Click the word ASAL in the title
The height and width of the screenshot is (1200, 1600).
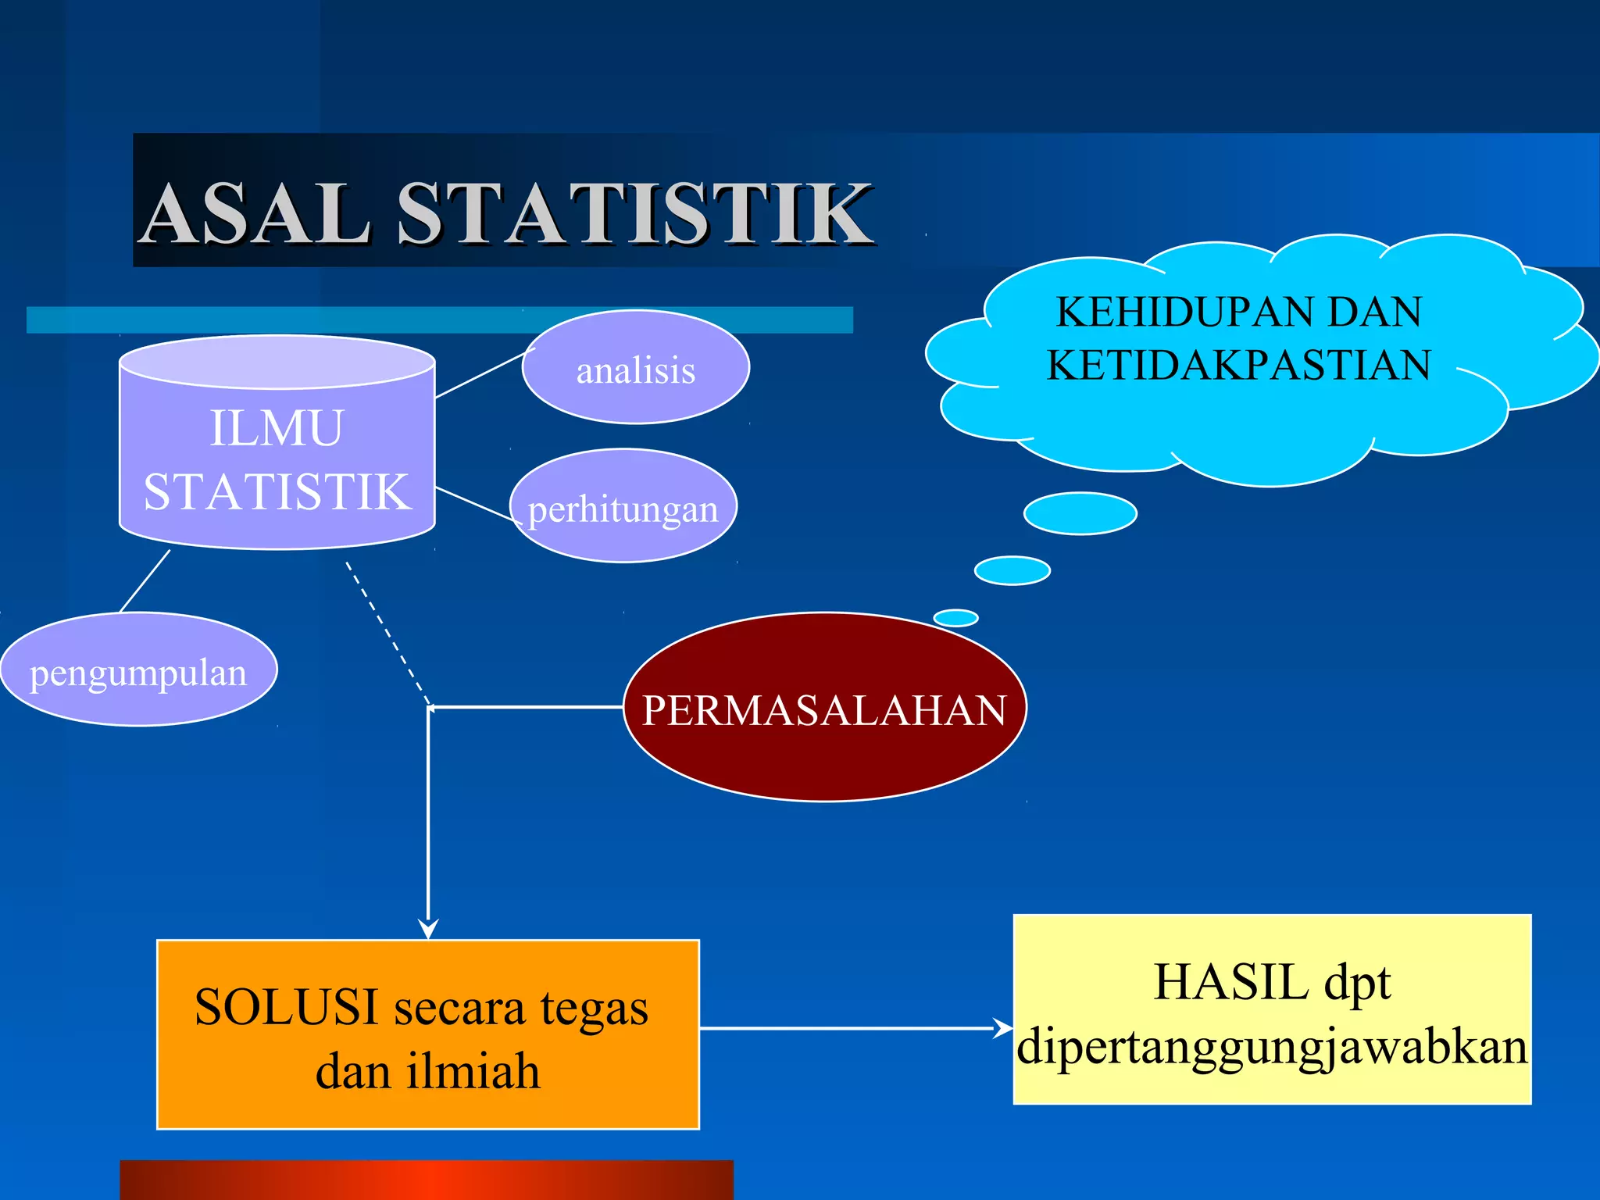click(x=256, y=212)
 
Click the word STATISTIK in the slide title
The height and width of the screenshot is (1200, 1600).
click(x=634, y=212)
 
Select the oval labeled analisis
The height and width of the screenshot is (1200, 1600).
click(x=635, y=368)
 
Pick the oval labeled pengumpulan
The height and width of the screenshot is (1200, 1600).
click(x=138, y=670)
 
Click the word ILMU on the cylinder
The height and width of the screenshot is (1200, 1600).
click(x=276, y=428)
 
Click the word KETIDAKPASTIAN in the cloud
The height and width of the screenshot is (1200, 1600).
click(x=1238, y=365)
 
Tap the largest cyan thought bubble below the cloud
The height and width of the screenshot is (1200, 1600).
click(x=1080, y=513)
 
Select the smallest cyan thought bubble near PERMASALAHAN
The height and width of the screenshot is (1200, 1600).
click(x=955, y=618)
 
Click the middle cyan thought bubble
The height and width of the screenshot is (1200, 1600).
click(x=1012, y=570)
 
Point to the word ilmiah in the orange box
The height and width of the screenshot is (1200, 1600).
click(x=472, y=1071)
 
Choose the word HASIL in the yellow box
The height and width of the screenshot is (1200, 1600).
click(x=1230, y=981)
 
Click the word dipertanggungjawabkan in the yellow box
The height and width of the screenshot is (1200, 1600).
click(x=1271, y=1047)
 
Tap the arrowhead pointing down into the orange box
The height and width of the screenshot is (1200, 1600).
click(x=428, y=927)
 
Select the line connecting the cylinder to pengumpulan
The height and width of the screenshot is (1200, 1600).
click(x=145, y=580)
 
